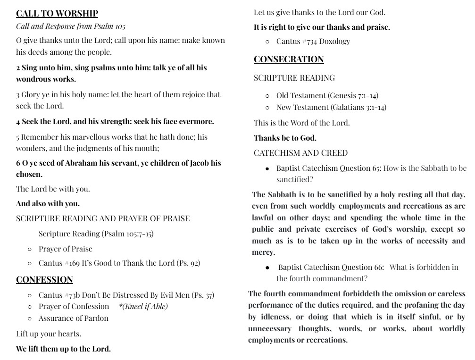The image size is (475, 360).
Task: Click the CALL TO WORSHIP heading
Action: pos(57,14)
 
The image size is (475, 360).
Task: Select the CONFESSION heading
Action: pos(44,280)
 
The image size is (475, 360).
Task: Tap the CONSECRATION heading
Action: pos(289,59)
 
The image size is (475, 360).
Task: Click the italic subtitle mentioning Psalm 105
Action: pos(71,26)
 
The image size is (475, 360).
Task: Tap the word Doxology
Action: pos(334,42)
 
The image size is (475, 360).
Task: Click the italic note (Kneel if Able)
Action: pos(143,307)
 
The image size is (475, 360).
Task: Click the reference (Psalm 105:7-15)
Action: pos(127,234)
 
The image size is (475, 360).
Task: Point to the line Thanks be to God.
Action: pos(285,138)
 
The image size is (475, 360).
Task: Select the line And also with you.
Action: pos(48,204)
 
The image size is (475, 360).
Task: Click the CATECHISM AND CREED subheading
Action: pos(300,153)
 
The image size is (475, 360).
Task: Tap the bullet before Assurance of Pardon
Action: pos(30,318)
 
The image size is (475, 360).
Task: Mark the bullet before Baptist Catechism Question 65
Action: pos(267,168)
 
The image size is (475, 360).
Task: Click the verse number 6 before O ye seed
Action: pos(18,163)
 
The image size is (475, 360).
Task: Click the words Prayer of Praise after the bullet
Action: pos(66,249)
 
